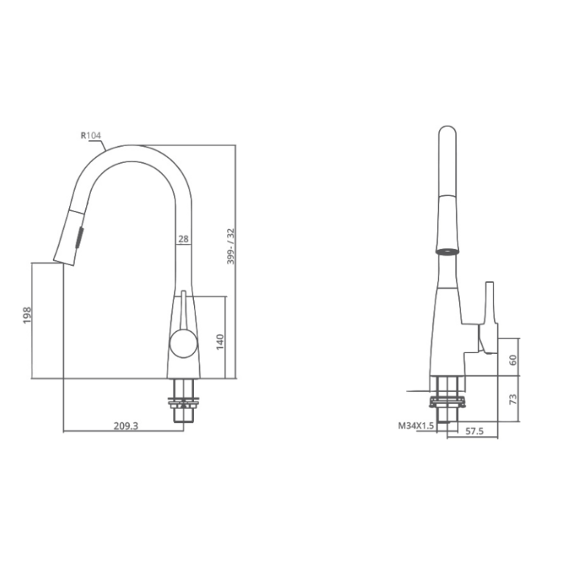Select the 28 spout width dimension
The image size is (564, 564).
(x=184, y=238)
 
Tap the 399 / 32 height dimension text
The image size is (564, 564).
(x=231, y=246)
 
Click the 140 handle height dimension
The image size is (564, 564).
(x=220, y=341)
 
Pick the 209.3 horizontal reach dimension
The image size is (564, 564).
(x=126, y=425)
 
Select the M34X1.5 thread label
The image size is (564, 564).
(x=416, y=425)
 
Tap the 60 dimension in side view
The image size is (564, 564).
(x=513, y=359)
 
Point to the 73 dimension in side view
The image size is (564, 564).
(x=513, y=399)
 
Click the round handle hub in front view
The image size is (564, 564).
(x=183, y=344)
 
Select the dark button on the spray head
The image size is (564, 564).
(x=79, y=238)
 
